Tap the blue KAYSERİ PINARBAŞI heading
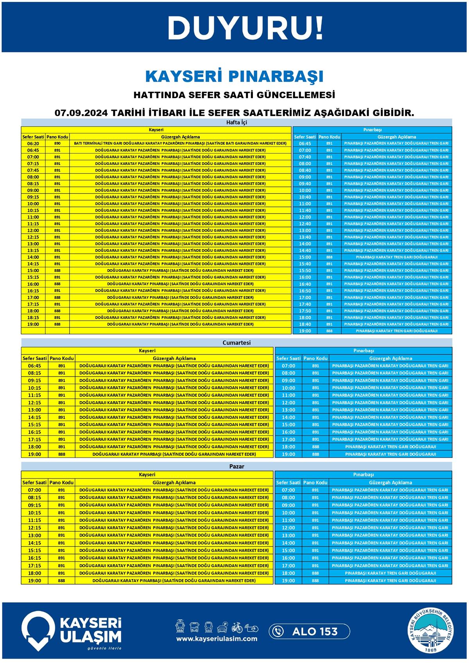(234, 76)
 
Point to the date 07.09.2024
(81, 113)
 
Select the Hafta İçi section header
(236, 122)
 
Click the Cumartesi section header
(236, 342)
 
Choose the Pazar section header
(236, 466)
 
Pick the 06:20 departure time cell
(33, 143)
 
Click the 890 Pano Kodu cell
(57, 143)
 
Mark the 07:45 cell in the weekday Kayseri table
(33, 170)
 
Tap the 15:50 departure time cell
(305, 271)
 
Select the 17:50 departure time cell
(305, 311)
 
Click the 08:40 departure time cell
(305, 170)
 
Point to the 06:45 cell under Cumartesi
(34, 366)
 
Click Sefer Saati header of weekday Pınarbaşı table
(305, 137)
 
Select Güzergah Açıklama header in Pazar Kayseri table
(174, 482)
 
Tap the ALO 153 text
(315, 631)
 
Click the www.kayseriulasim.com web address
(217, 639)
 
